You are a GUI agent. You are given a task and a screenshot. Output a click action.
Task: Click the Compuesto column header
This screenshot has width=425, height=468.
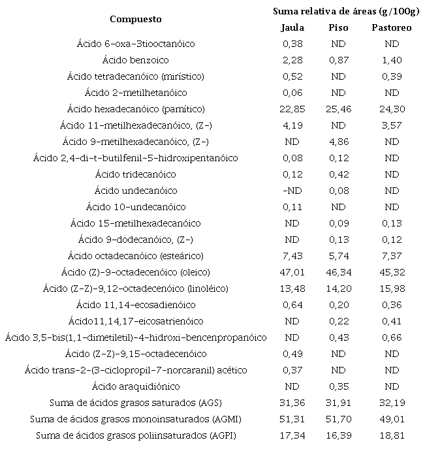[x=135, y=19]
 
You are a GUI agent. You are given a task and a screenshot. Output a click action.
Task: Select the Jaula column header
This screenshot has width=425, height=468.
[x=292, y=27]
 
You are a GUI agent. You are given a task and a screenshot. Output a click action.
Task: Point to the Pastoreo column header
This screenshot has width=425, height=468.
[x=391, y=27]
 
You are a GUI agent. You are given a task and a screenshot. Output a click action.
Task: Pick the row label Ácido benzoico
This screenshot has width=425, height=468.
[x=135, y=60]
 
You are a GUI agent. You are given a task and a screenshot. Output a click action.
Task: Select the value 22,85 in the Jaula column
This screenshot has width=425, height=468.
[x=292, y=109]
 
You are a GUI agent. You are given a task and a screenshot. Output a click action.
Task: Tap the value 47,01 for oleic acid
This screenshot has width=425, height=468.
[x=292, y=272]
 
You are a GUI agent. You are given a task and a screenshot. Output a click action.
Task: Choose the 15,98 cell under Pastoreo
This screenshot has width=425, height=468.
[x=391, y=289]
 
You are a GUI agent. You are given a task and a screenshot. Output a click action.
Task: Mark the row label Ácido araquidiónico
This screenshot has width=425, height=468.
[x=135, y=386]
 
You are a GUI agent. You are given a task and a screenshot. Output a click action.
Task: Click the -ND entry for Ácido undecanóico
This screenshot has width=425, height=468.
[x=292, y=191]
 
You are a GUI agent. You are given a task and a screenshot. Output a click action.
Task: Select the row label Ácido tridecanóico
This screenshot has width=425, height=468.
[x=135, y=174]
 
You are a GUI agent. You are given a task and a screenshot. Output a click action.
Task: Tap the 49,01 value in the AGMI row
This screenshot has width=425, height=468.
[x=391, y=419]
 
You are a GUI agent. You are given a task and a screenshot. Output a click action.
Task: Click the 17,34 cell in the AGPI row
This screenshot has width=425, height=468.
[x=292, y=435]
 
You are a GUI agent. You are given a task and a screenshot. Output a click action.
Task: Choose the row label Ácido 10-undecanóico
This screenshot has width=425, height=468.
[x=135, y=207]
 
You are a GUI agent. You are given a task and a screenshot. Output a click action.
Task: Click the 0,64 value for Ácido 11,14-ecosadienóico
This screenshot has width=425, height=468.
[x=292, y=305]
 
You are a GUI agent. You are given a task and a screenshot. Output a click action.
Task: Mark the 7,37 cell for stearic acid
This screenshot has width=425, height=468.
[x=391, y=256]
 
